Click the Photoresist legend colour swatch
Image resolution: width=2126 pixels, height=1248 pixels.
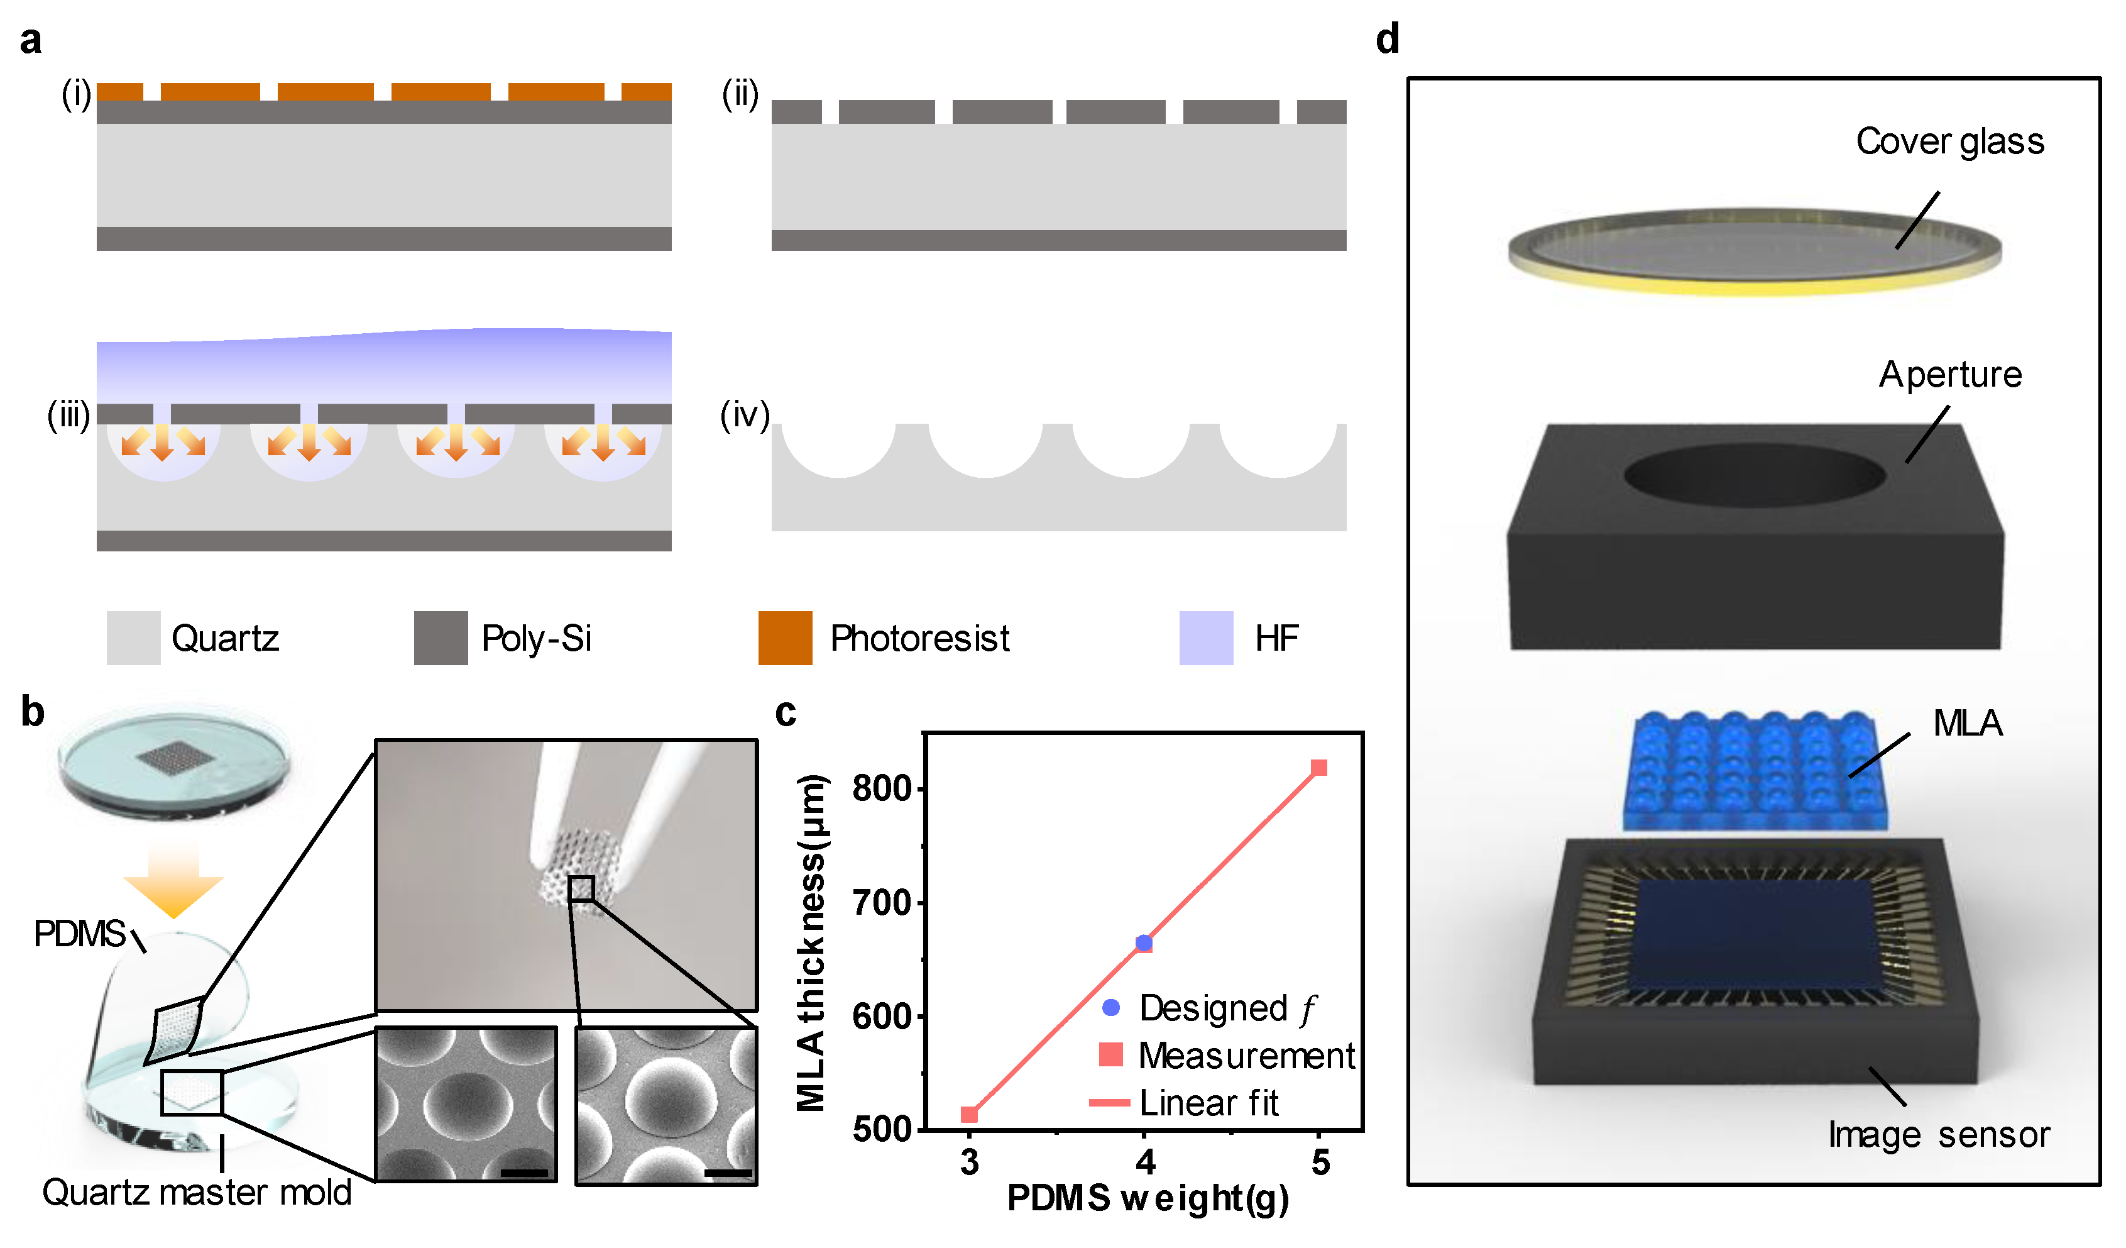784,638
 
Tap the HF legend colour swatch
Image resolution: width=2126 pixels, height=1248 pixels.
1205,638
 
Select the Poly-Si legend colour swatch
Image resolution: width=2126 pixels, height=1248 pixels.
441,638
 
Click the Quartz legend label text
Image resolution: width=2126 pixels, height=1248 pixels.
225,639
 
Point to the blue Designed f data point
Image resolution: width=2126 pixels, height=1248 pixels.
1144,942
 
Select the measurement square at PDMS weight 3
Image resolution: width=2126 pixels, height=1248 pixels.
969,1115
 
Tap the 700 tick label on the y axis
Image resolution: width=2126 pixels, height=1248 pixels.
882,903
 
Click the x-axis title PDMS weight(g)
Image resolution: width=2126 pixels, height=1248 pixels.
1148,1198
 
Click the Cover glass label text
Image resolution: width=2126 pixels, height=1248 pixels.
1949,141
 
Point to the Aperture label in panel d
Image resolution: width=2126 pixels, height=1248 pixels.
1949,375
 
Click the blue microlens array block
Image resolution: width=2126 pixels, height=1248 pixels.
1755,772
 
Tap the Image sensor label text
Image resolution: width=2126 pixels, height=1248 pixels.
1939,1135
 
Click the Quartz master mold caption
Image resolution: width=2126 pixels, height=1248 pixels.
197,1192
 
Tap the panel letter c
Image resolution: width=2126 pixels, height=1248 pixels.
786,713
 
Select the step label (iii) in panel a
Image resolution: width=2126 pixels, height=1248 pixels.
68,415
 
